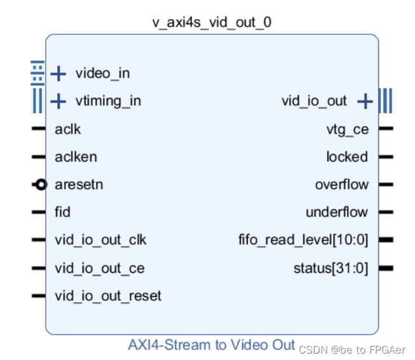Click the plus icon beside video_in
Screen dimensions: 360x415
pos(58,74)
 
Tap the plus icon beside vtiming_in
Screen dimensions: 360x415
pos(58,101)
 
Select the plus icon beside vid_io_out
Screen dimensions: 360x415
pos(364,101)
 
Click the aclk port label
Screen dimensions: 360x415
pos(67,130)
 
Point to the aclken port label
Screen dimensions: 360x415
pos(76,157)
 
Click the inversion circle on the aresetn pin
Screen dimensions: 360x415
pos(41,185)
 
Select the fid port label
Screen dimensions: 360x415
pos(62,212)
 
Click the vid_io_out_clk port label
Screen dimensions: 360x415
pos(100,240)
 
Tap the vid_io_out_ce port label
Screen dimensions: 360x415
pos(99,268)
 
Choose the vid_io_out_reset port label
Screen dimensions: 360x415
pos(108,296)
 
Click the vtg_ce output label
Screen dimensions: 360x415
pos(347,130)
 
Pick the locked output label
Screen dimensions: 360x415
pos(347,157)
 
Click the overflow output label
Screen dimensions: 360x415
pos(341,185)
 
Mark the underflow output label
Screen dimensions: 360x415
pos(337,212)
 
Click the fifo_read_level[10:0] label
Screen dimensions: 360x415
pos(303,240)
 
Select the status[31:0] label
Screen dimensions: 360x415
pos(330,268)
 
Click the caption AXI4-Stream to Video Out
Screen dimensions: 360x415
pos(212,345)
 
